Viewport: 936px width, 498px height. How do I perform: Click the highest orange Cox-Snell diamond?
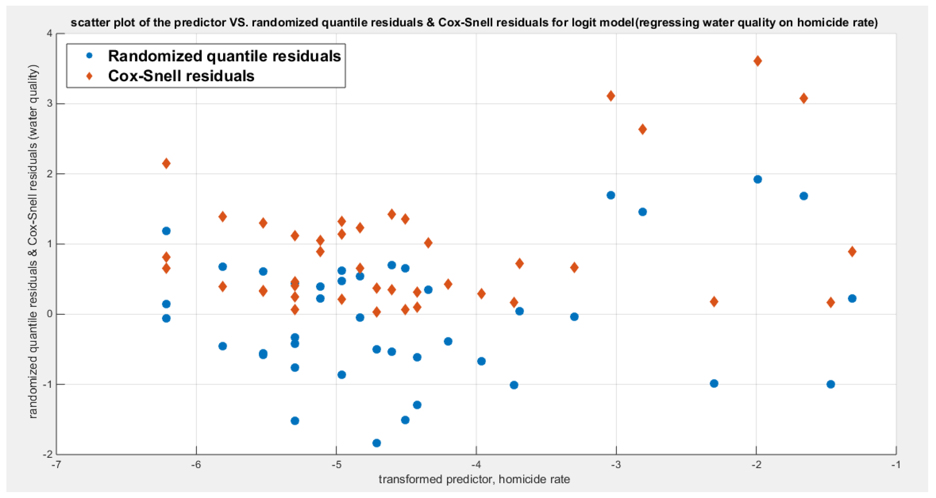(x=757, y=61)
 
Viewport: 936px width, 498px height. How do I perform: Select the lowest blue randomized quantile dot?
(x=377, y=443)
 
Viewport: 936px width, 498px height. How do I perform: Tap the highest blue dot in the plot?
(x=757, y=179)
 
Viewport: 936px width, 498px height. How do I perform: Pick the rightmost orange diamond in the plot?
(x=852, y=252)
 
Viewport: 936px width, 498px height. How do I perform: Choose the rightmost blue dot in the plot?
(x=852, y=298)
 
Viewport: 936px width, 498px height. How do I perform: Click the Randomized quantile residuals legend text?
(x=224, y=56)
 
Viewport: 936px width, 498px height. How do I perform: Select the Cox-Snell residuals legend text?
(x=181, y=76)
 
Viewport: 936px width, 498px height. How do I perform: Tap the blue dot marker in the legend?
(x=89, y=56)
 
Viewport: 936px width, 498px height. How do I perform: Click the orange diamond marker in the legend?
(x=89, y=76)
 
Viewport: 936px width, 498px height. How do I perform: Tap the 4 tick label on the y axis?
(x=49, y=33)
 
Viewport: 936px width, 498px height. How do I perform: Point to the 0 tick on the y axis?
(x=49, y=314)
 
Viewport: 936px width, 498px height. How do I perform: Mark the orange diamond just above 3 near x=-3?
(x=611, y=96)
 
